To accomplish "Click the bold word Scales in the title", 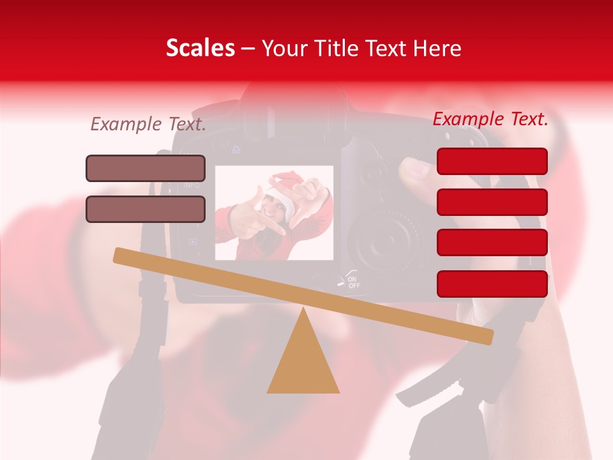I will (200, 48).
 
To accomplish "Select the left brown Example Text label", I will (148, 125).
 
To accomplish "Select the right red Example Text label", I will (490, 119).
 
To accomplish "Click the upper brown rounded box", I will (146, 168).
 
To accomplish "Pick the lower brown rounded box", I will (146, 209).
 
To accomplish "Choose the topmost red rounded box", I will (492, 161).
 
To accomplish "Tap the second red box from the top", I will (492, 202).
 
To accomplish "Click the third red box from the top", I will (492, 243).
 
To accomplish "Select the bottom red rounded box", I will (492, 284).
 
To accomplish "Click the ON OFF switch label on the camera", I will (353, 282).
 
